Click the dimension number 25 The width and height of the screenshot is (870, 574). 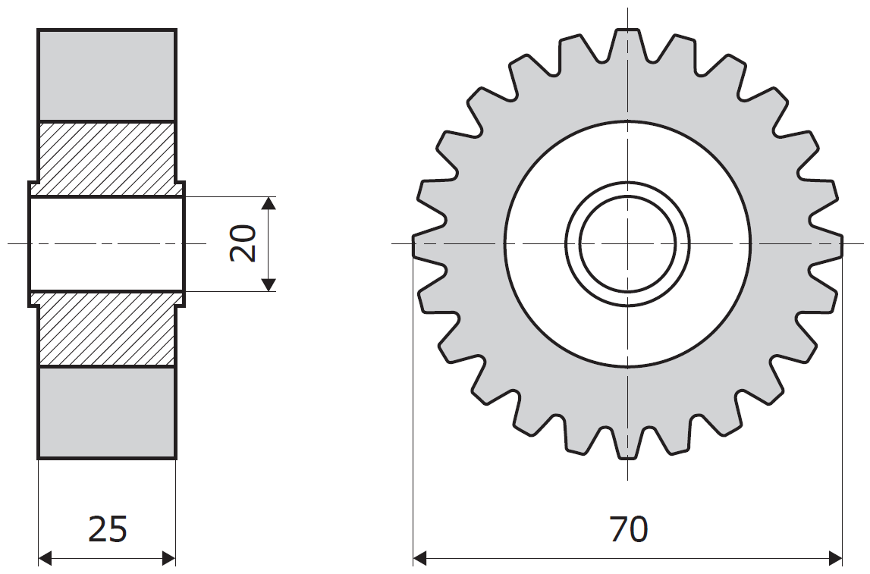coord(108,529)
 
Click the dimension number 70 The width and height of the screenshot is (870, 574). coord(628,529)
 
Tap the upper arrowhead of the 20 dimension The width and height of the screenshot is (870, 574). coord(268,202)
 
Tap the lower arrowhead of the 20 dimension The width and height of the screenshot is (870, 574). coord(268,284)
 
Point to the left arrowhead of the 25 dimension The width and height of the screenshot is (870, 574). coord(45,559)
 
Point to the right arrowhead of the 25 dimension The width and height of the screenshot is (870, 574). coord(168,559)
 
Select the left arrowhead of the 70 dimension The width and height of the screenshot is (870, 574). coord(419,559)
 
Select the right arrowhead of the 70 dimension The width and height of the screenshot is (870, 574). coord(836,559)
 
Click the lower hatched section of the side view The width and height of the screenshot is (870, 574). coord(106,329)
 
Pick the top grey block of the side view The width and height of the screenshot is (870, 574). coord(106,75)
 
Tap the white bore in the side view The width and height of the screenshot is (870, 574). coord(106,243)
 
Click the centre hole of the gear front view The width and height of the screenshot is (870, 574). coord(627,243)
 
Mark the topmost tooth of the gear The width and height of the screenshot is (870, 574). coord(627,42)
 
